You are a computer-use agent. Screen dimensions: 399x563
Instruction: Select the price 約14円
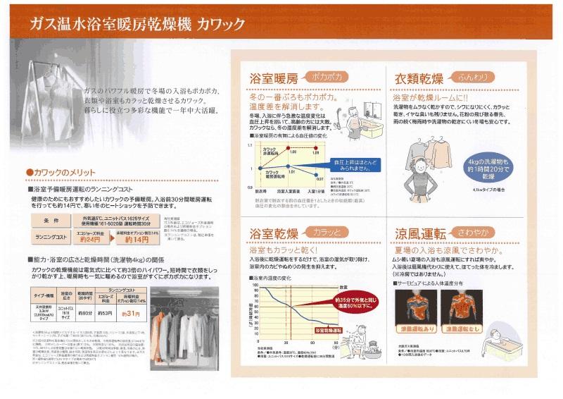139,240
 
